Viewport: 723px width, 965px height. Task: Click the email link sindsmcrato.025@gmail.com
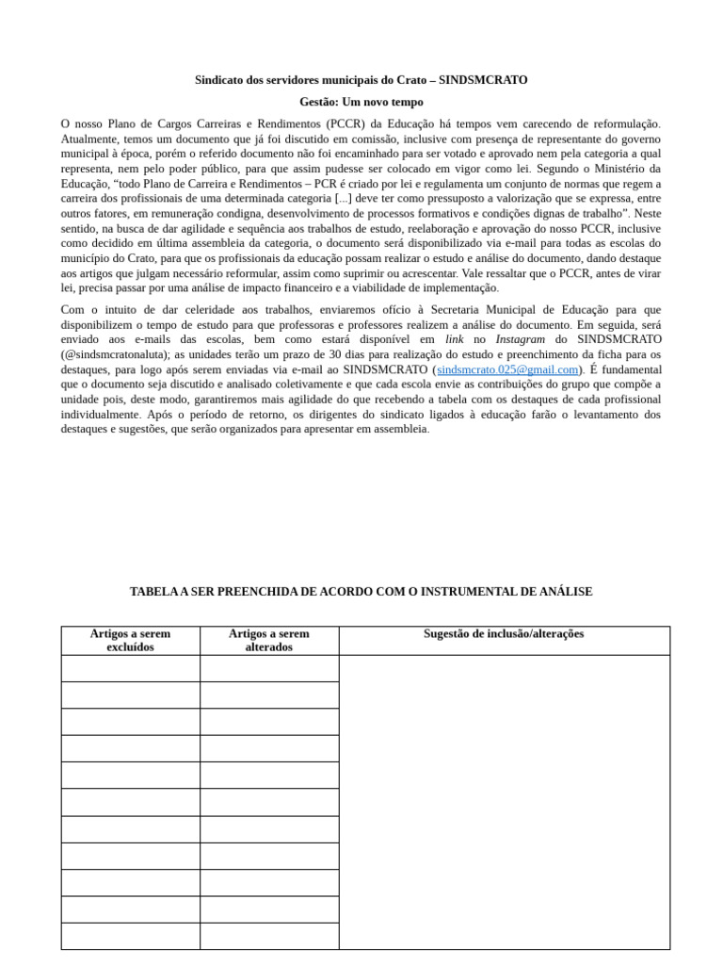coord(507,369)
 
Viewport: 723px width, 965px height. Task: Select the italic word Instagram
coord(520,339)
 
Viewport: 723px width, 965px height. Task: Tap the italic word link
coord(455,339)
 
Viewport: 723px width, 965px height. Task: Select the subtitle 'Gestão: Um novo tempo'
coord(361,102)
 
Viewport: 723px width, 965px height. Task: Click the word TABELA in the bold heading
coord(153,592)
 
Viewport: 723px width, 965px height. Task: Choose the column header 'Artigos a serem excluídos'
coord(131,641)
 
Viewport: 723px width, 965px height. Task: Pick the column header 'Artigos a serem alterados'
coord(269,641)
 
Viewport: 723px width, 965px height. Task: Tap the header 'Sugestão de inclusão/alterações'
coord(504,634)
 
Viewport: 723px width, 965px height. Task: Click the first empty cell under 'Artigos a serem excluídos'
coord(131,669)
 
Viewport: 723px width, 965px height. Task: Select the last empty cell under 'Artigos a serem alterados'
coord(269,936)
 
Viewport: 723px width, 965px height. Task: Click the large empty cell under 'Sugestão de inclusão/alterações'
coord(504,801)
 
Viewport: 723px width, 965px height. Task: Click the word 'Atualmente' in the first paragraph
coord(92,139)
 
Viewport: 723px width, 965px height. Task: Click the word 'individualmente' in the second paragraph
coord(101,414)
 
